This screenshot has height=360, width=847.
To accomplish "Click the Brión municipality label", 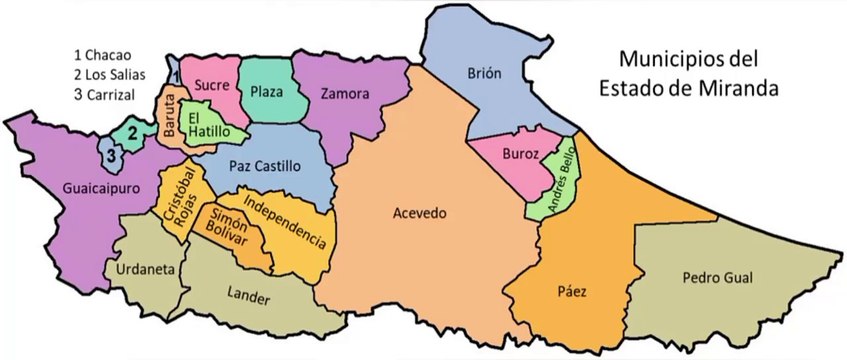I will [483, 73].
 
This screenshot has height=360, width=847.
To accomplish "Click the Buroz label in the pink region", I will [522, 155].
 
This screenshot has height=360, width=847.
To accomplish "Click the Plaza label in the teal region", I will [267, 91].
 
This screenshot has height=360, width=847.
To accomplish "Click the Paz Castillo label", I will [263, 165].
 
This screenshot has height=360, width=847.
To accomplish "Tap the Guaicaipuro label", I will [72, 188].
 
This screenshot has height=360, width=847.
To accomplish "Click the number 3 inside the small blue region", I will [113, 155].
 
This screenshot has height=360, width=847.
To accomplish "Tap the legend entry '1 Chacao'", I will [103, 53].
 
